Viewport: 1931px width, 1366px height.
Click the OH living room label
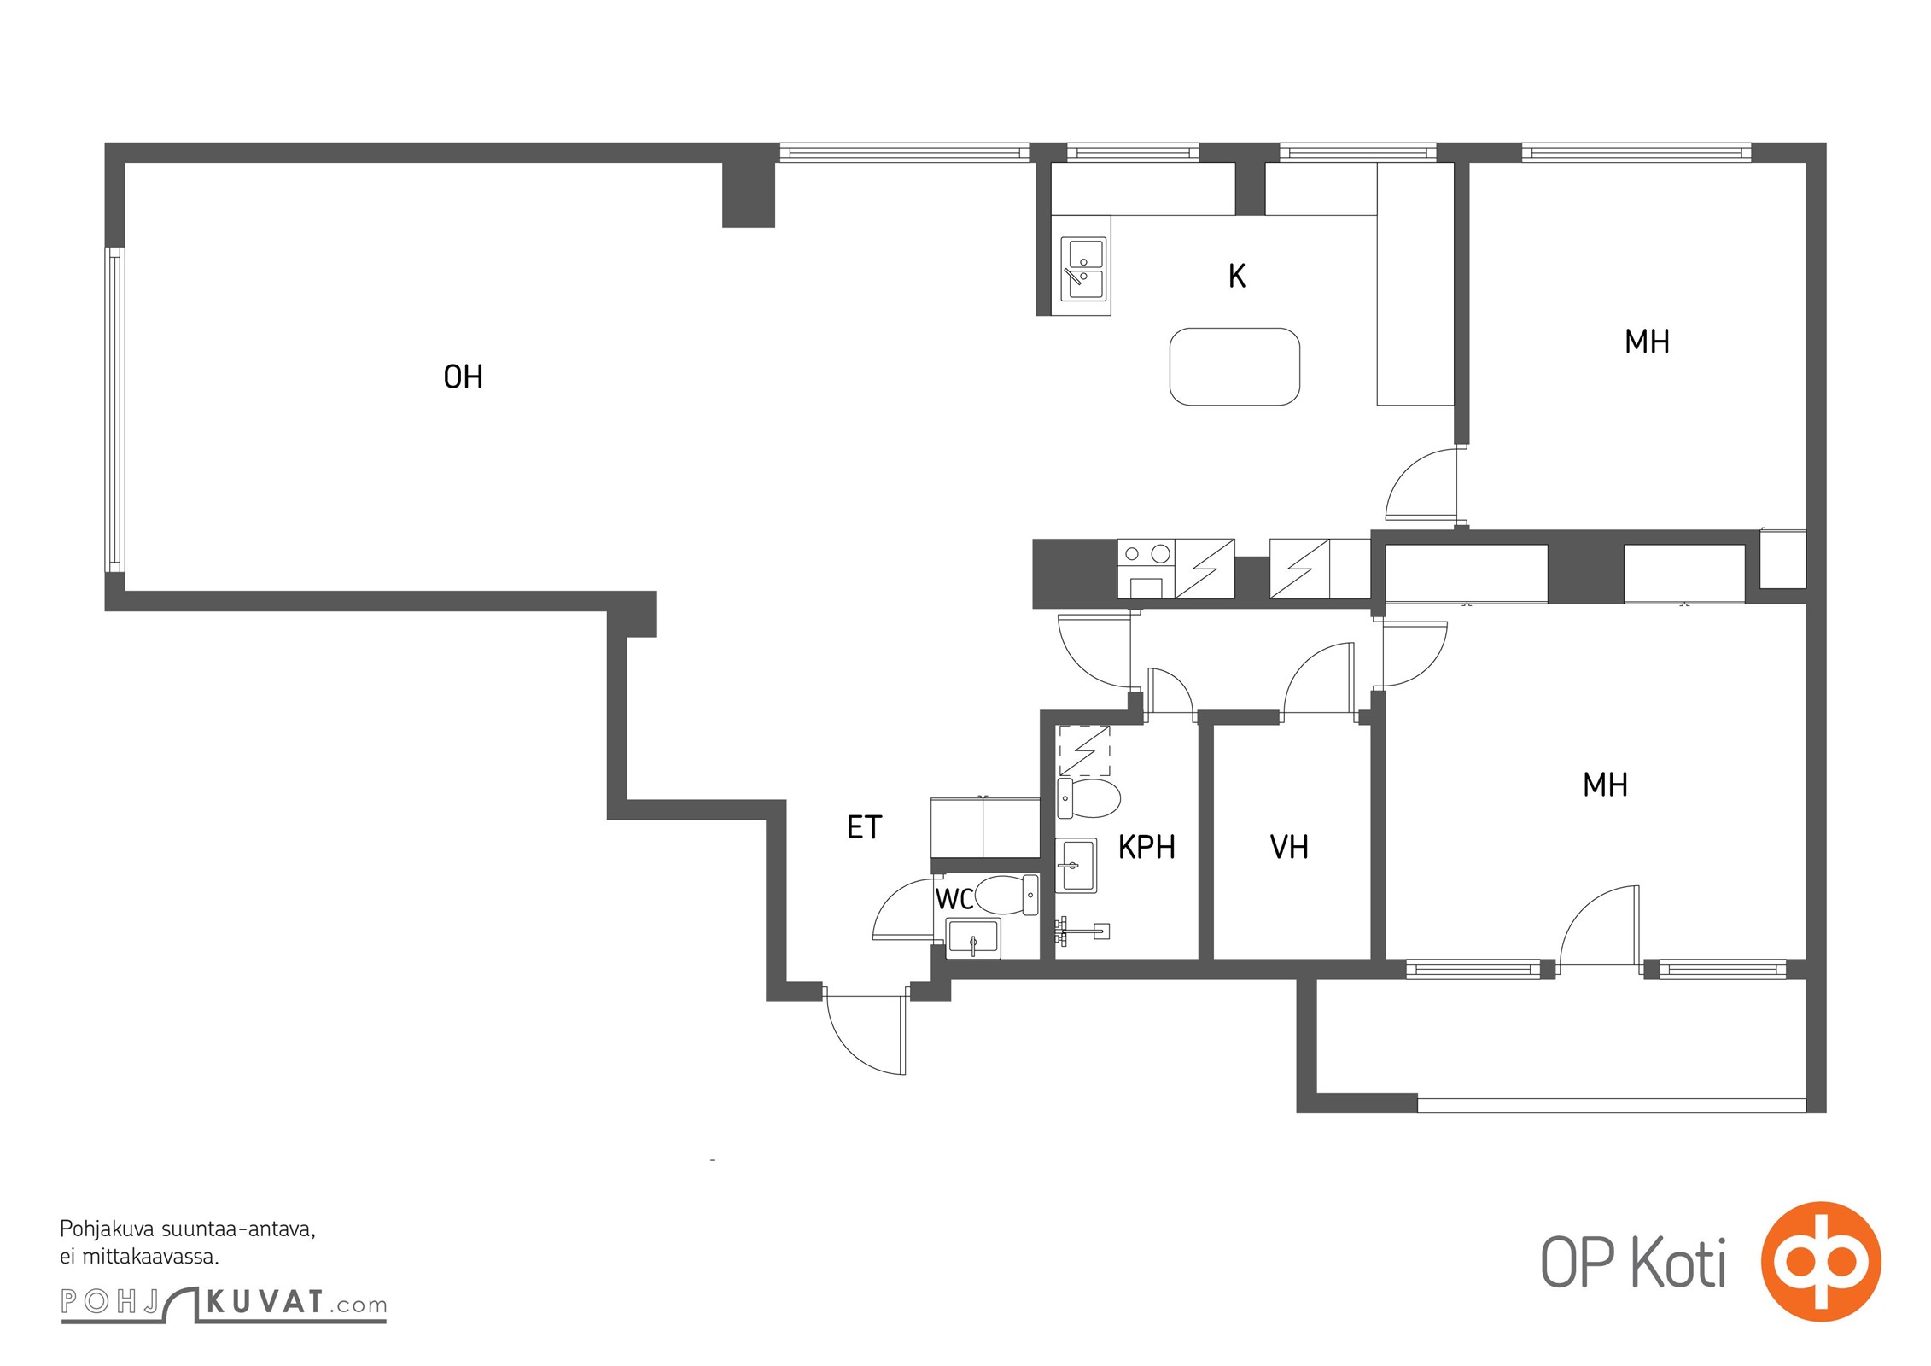pyautogui.click(x=463, y=377)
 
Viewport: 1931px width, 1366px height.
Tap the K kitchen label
pyautogui.click(x=1237, y=276)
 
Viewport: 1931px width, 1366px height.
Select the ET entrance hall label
pyautogui.click(x=864, y=826)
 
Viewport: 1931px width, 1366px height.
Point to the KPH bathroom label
pyautogui.click(x=1146, y=847)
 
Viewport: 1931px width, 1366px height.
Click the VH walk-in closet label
pyautogui.click(x=1289, y=847)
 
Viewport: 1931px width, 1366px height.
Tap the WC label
pyautogui.click(x=954, y=899)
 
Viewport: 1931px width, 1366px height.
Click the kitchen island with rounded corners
pyautogui.click(x=1234, y=366)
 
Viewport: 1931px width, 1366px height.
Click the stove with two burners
pyautogui.click(x=1146, y=569)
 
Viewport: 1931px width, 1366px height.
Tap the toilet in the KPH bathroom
pyautogui.click(x=1088, y=798)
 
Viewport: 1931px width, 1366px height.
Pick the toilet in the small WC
pyautogui.click(x=1006, y=895)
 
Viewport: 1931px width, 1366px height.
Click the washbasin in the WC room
pyautogui.click(x=973, y=939)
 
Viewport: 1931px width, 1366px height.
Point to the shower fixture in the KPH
pyautogui.click(x=1082, y=931)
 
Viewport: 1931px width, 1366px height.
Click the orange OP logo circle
pyautogui.click(x=1821, y=1261)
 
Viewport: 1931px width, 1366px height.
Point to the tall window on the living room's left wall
pyautogui.click(x=115, y=409)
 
